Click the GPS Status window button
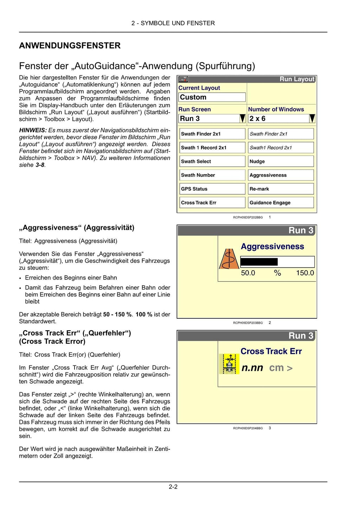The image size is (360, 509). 212,189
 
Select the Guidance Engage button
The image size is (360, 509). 281,203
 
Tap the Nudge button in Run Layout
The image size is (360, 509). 281,161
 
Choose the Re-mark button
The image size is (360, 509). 281,189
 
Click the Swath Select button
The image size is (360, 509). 212,161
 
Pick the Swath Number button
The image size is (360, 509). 212,175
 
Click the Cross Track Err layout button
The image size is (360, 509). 212,203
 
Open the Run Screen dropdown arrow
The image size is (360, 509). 242,119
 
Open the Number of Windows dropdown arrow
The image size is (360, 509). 312,119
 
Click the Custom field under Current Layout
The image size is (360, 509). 212,97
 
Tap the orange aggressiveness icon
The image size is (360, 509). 229,259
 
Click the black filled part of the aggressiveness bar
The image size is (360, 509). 259,262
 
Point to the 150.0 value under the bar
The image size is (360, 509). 305,273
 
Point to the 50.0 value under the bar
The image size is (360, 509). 248,273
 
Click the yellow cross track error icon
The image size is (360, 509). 229,364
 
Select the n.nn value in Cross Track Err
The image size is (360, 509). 252,368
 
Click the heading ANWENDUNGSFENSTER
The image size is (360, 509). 70,46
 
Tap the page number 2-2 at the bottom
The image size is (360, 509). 173,487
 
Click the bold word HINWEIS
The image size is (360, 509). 33,131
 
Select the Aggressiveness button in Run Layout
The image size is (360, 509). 281,175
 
